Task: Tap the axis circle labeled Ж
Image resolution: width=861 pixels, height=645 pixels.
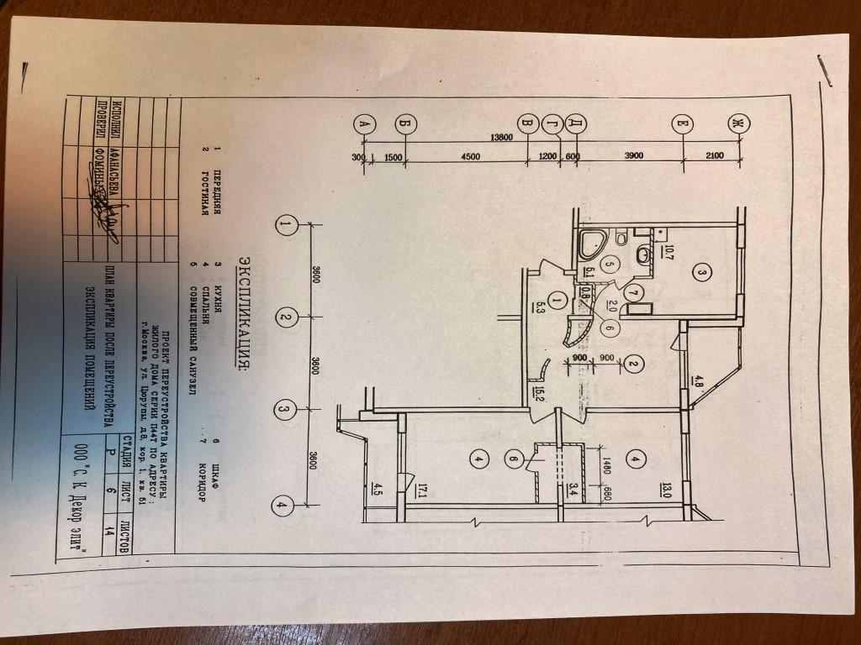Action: pos(738,124)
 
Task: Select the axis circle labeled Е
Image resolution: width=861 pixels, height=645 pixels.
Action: pos(681,124)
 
